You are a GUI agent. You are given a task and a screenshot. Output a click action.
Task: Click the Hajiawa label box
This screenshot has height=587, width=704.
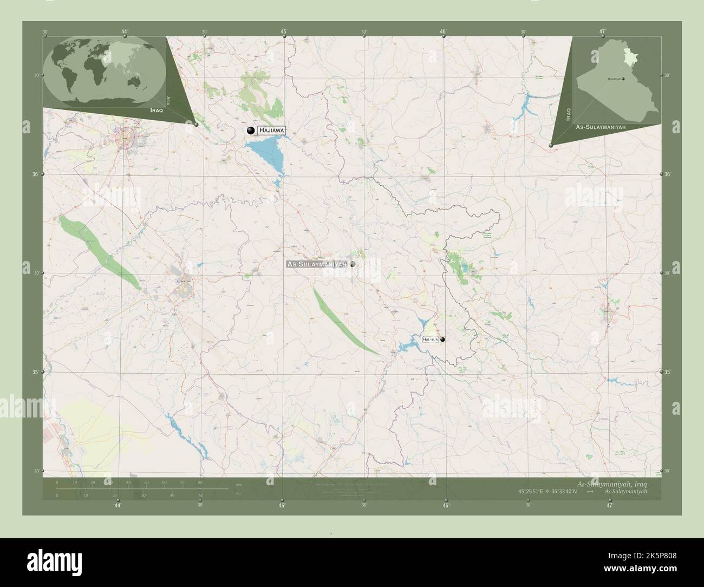[x=270, y=131]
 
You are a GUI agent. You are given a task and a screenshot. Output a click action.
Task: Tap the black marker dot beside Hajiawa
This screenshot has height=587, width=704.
[x=250, y=130]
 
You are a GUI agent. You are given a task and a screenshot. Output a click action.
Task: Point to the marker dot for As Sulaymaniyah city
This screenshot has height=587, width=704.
[x=353, y=264]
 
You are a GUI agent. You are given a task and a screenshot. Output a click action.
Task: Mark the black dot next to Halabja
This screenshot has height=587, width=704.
[x=443, y=340]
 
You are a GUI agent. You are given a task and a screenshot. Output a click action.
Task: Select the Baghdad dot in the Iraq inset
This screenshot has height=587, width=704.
[x=623, y=79]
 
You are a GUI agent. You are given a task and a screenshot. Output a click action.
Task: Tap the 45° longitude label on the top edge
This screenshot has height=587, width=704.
[x=284, y=32]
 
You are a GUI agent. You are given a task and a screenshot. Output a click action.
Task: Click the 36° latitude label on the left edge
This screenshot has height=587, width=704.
[x=36, y=174]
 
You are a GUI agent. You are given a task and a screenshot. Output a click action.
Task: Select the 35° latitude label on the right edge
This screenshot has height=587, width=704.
[x=667, y=372]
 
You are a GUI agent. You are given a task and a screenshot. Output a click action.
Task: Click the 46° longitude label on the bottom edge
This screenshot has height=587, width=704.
[x=445, y=506]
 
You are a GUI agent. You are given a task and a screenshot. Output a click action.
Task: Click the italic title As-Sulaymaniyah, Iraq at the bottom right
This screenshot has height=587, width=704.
[x=612, y=483]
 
